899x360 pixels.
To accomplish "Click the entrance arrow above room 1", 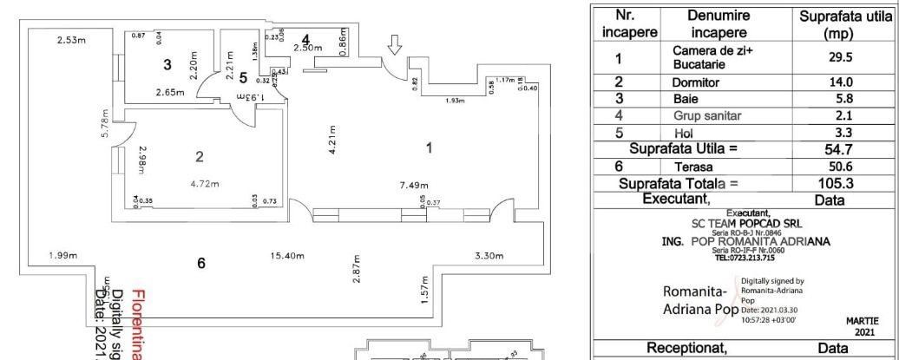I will coord(394,45).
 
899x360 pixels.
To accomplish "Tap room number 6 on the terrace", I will coord(201,263).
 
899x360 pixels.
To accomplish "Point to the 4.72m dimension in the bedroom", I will coord(204,183).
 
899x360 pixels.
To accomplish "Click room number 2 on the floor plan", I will coord(200,157).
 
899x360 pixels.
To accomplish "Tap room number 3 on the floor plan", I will coord(168,63).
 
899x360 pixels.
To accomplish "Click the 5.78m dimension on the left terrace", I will coord(105,127).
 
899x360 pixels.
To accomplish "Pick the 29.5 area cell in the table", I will coord(840,59).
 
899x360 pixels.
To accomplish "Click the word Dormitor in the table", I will coord(698,82).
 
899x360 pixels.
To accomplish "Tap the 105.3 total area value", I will coord(840,183).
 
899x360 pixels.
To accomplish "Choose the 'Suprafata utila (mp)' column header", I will coord(840,24).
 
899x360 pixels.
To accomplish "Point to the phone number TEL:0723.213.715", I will coord(745,258).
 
